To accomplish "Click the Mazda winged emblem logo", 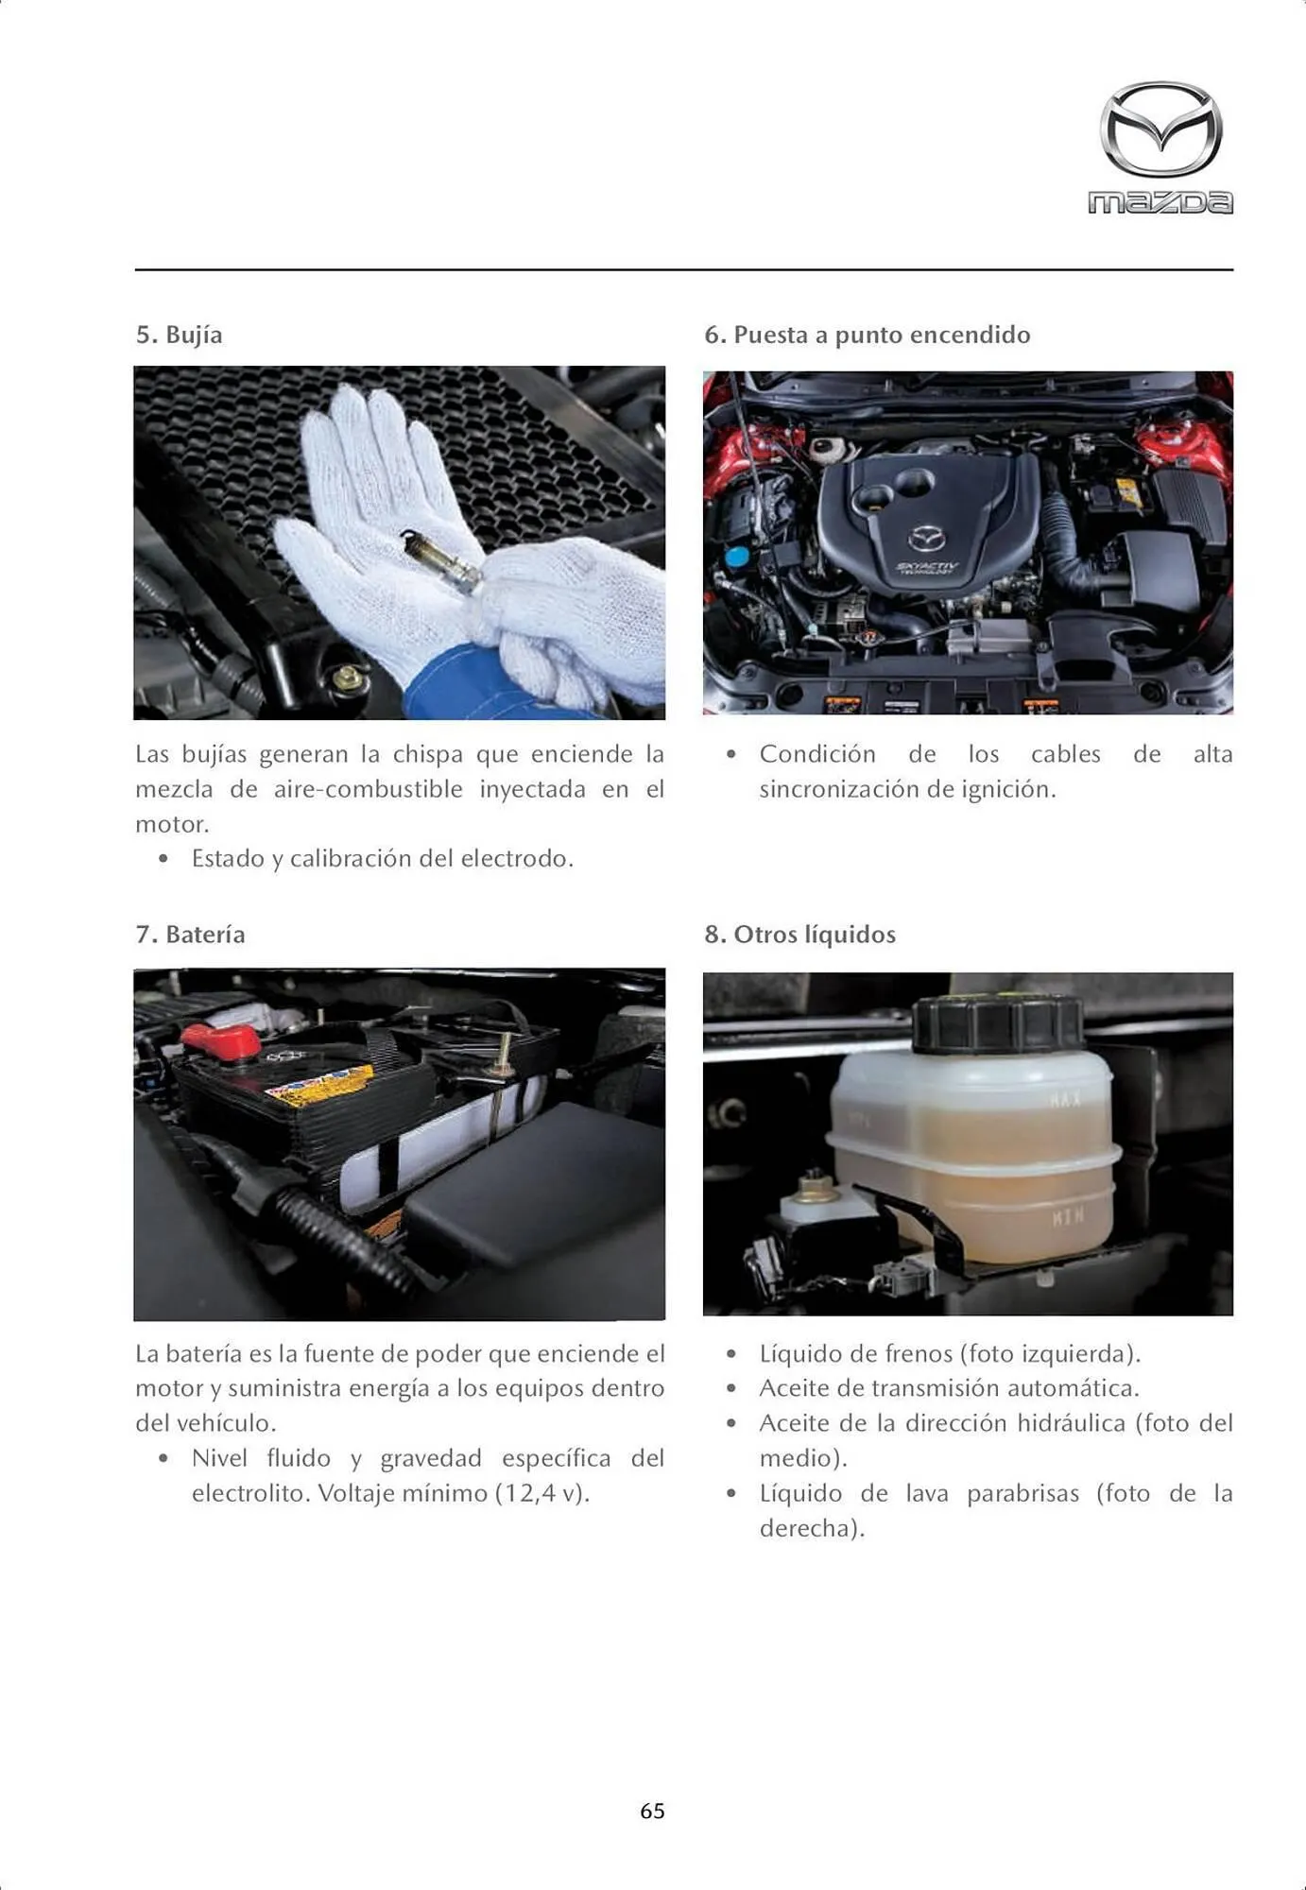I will click(x=1160, y=129).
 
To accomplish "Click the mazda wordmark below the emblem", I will click(x=1160, y=202).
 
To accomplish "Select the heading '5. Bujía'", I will click(x=180, y=335).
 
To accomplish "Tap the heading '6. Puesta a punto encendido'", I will click(x=867, y=335).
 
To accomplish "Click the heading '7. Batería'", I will click(x=190, y=934).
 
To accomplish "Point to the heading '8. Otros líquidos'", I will click(x=799, y=934).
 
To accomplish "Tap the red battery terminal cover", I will click(x=221, y=1040).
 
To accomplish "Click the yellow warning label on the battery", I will click(x=321, y=1085).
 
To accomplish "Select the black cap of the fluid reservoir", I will click(x=997, y=1023).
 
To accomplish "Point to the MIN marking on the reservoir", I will click(x=1068, y=1218).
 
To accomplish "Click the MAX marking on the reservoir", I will click(x=1065, y=1100).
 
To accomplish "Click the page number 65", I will click(x=652, y=1811).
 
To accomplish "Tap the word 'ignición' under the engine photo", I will click(x=1008, y=789).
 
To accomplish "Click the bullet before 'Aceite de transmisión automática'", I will click(x=730, y=1388).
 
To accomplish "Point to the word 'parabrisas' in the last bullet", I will click(x=1022, y=1493).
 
